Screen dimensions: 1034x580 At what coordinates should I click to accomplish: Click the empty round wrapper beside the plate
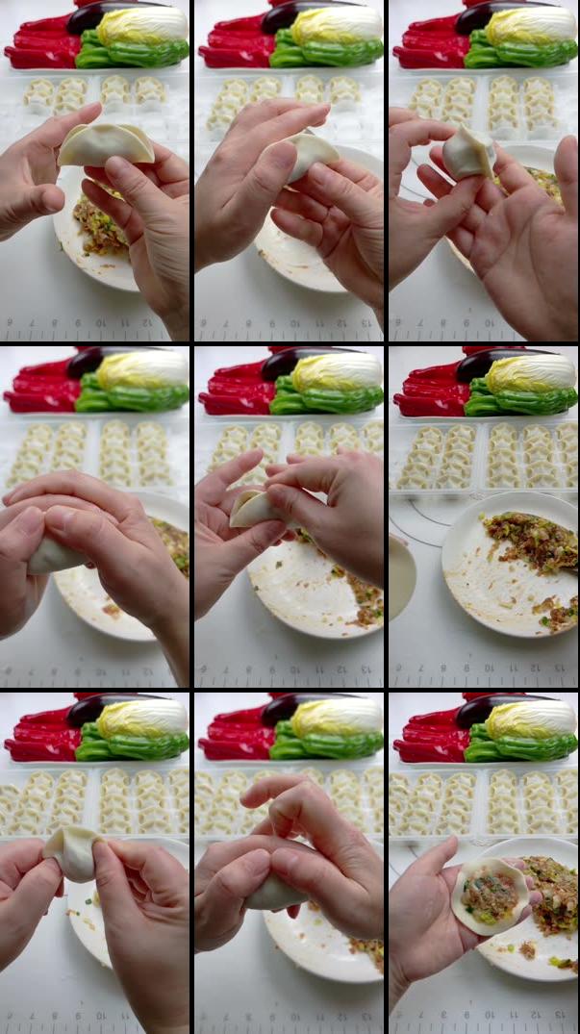click(401, 577)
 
